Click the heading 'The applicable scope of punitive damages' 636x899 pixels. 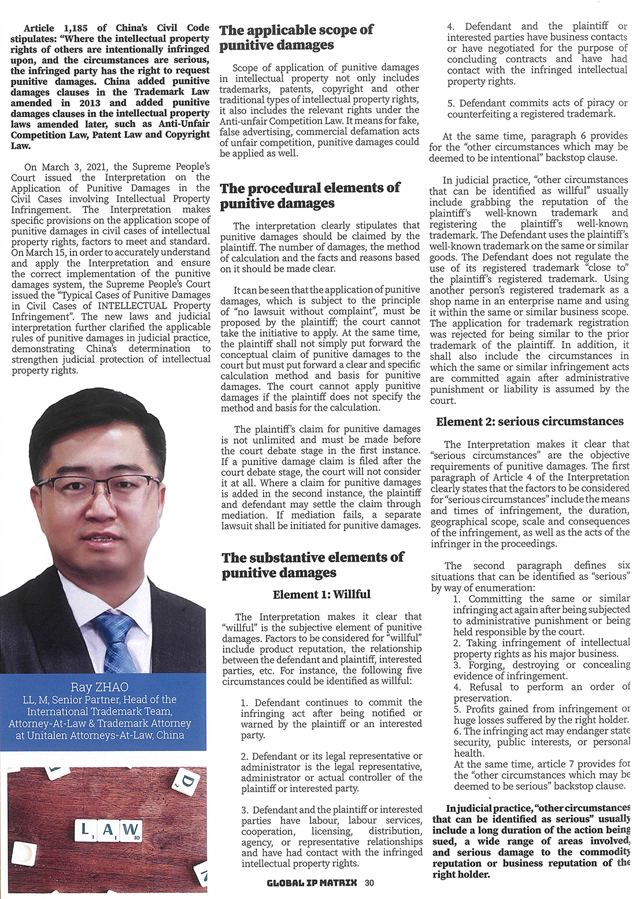[296, 37]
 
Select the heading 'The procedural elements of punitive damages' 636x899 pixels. [309, 195]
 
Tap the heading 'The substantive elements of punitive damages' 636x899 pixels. [312, 564]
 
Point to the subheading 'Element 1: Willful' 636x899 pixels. [321, 594]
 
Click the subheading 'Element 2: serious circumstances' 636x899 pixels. [530, 421]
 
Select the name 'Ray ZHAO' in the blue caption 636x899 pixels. [99, 687]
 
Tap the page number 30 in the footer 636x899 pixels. [369, 882]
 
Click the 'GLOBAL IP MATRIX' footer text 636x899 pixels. [312, 882]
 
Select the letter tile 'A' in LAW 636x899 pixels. [107, 830]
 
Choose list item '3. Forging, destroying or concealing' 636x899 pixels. [541, 670]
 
